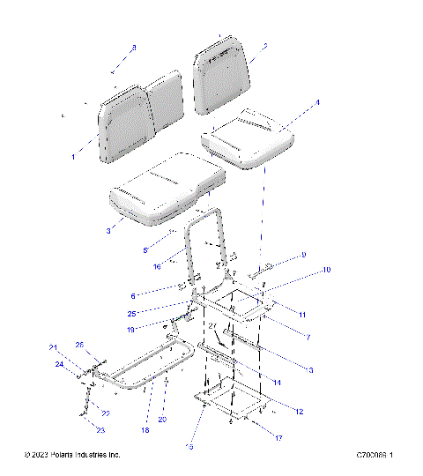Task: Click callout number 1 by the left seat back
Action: coord(73,156)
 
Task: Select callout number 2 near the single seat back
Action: coord(264,46)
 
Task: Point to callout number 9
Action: coord(303,255)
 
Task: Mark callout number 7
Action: coord(308,337)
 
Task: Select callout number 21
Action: coord(52,346)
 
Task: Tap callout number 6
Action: coord(133,296)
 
